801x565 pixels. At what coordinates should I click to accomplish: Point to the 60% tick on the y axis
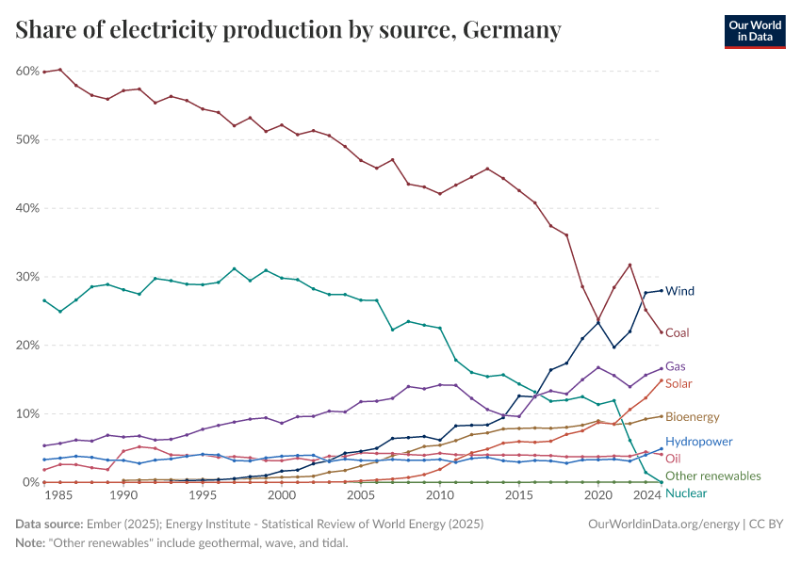26,71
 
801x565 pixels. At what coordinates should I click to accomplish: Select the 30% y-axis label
26,277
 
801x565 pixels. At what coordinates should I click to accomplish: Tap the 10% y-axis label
26,414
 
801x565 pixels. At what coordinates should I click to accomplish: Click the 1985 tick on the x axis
60,494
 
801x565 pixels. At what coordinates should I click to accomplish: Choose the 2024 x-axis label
647,494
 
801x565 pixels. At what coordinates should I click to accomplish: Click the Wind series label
679,291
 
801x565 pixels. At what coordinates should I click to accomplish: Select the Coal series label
678,332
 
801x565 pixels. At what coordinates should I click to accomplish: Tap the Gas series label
675,366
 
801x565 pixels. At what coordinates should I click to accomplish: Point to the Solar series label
678,383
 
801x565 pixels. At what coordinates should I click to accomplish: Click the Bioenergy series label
692,416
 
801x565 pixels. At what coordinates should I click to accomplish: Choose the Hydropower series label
698,441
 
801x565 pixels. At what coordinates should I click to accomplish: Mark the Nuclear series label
685,492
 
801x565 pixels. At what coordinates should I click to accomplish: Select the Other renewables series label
712,476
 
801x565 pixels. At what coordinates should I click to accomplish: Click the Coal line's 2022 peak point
629,265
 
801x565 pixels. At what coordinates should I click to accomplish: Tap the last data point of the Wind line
662,290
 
